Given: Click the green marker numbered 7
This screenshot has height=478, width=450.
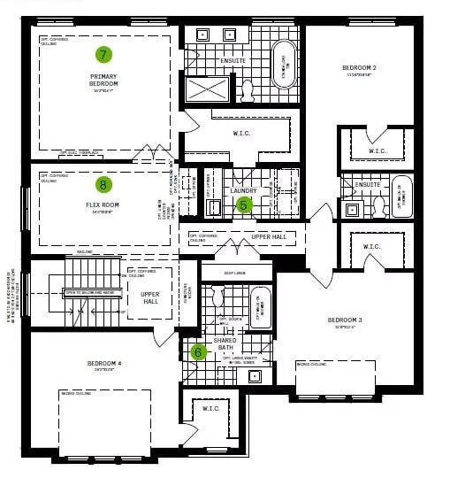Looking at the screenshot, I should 103,55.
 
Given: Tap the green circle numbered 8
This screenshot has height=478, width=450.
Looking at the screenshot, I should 103,185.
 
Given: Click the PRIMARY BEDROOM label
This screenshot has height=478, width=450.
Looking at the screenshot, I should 103,80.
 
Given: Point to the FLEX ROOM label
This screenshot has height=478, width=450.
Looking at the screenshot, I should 103,205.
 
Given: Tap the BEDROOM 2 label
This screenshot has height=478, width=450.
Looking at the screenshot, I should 359,68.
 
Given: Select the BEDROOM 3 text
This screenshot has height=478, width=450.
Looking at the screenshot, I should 344,320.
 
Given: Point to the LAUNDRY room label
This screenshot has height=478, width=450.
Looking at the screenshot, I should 243,190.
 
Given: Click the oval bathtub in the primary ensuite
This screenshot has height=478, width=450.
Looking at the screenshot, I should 285,64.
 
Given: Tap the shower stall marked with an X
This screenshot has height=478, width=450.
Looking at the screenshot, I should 206,89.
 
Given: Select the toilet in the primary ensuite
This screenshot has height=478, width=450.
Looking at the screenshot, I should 248,90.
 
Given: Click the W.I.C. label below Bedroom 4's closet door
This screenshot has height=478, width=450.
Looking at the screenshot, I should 211,408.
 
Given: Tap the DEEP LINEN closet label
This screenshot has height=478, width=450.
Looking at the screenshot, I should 234,274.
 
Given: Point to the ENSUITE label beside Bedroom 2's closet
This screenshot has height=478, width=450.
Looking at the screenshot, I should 368,185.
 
